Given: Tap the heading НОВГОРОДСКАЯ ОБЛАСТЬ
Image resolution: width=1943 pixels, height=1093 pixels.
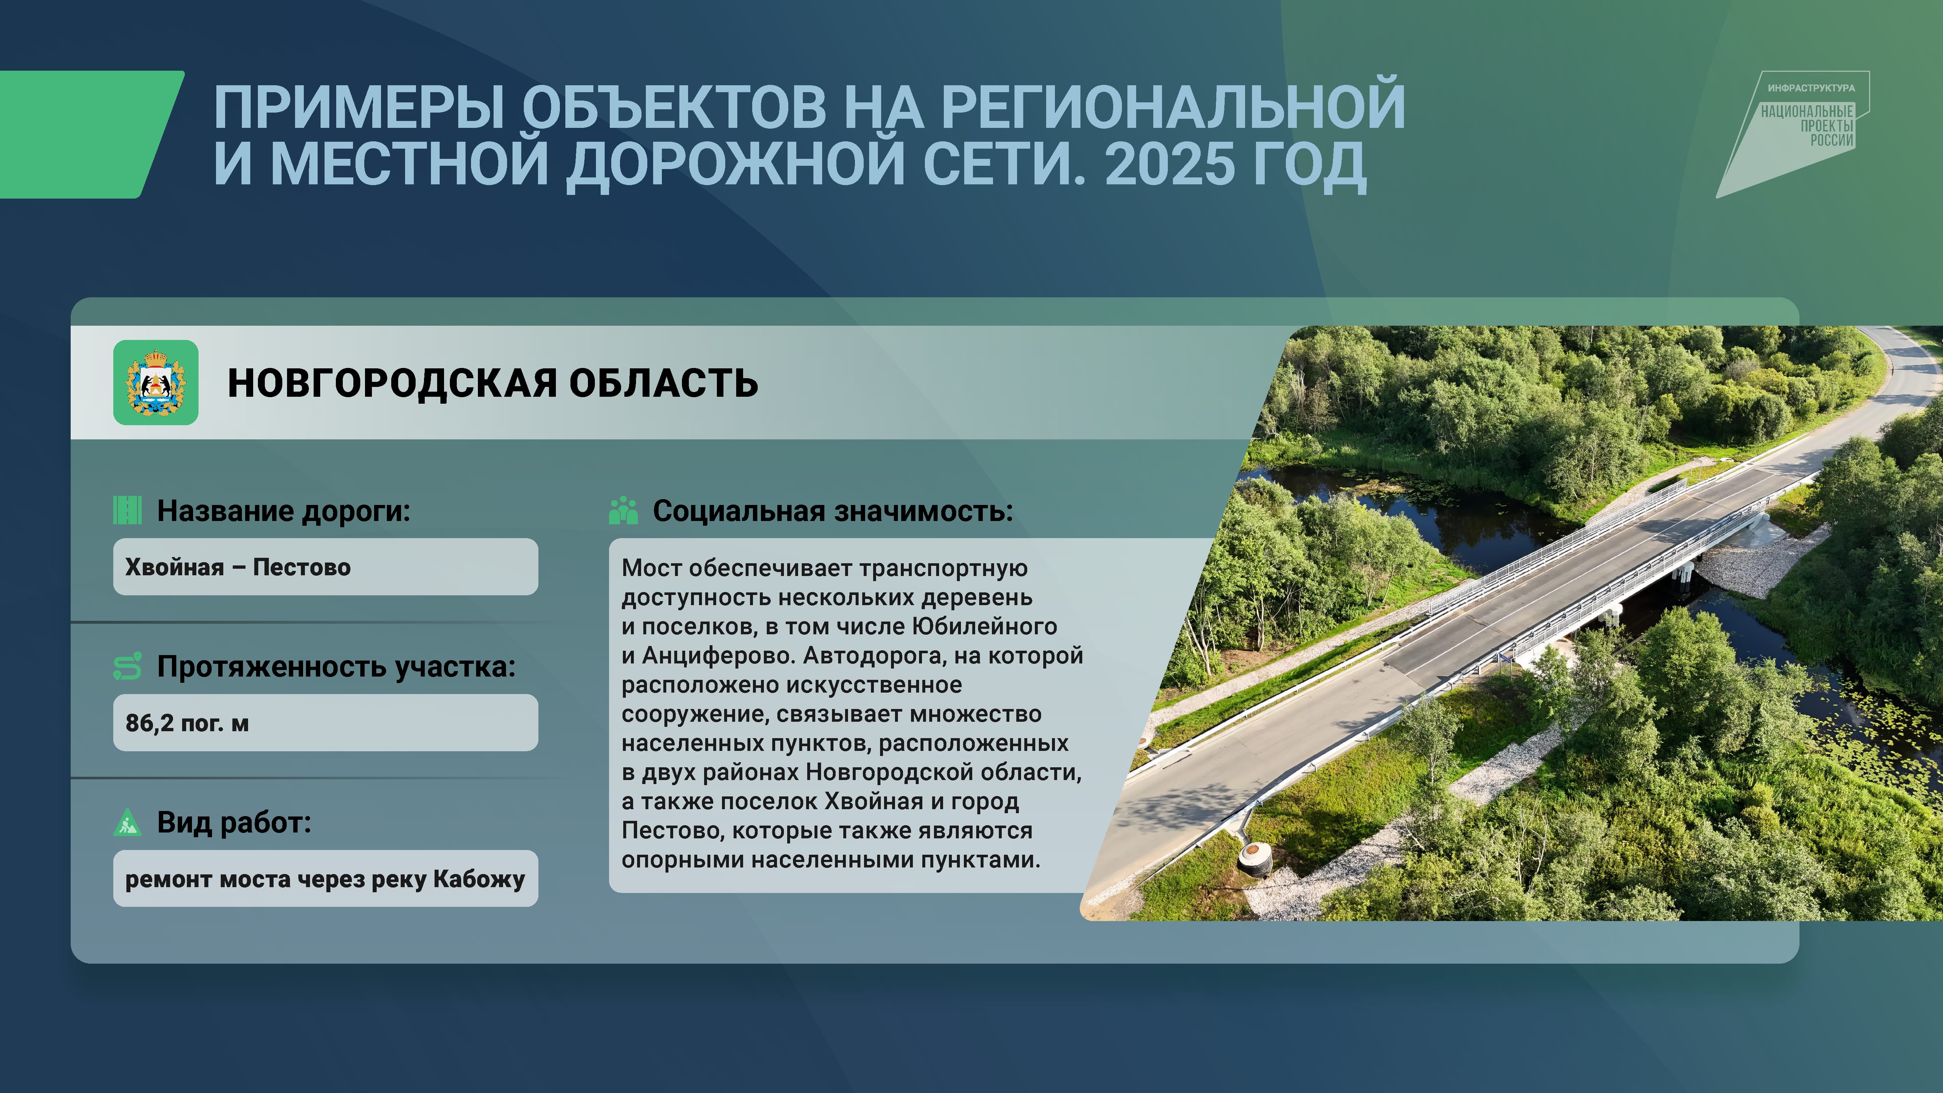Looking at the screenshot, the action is pos(492,383).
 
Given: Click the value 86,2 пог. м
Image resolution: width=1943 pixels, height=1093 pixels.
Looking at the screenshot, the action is pos(187,722).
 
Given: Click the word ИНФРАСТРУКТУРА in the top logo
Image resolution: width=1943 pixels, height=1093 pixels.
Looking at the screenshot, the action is pos(1811,88).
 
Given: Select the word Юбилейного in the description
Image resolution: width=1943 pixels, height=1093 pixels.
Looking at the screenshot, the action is pos(984,626).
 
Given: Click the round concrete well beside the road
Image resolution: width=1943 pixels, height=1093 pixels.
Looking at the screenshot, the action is pos(1254,858).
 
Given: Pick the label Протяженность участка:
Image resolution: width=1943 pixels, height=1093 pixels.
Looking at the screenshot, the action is pos(337,667).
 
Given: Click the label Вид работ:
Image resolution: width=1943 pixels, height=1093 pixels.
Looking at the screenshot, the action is pos(234,822).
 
